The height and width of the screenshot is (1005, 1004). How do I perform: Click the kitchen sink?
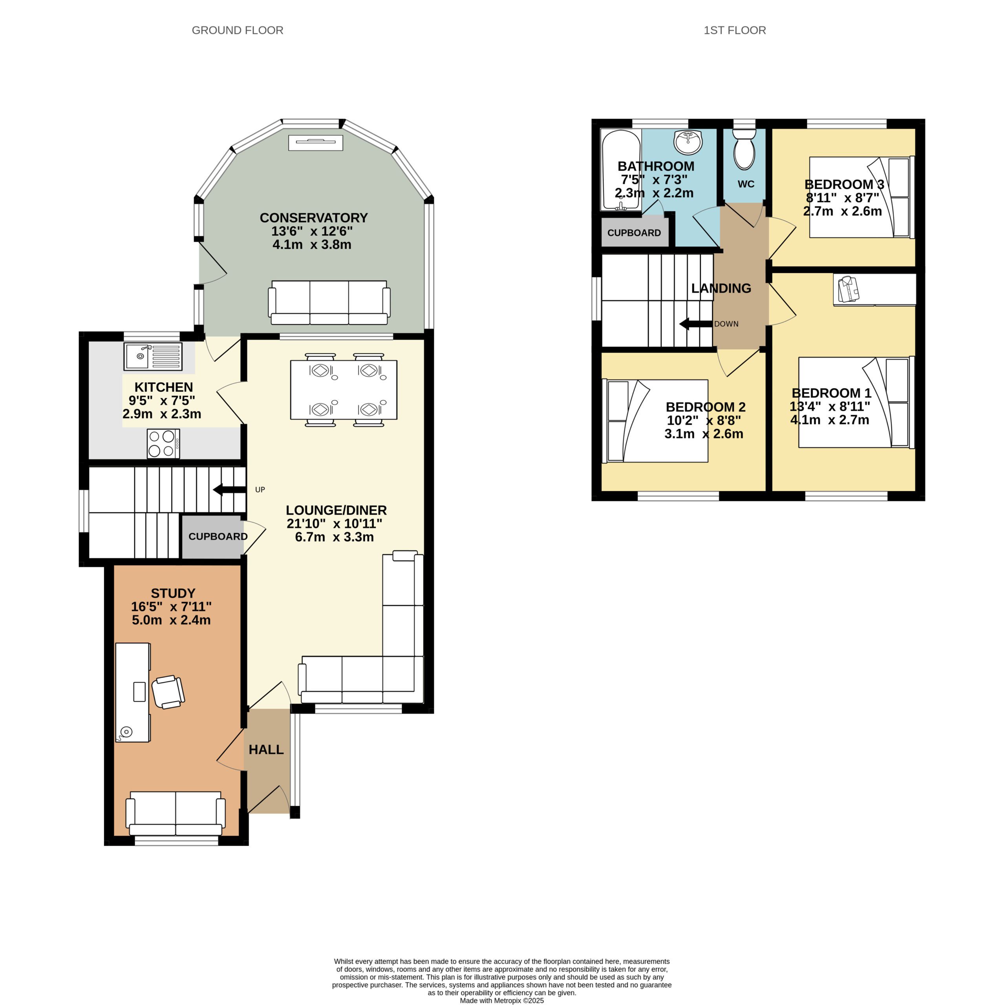[153, 356]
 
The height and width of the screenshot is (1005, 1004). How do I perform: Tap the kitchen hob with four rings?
[163, 444]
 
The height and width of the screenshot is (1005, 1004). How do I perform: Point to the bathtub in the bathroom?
[621, 170]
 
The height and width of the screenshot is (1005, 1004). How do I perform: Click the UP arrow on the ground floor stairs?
[229, 490]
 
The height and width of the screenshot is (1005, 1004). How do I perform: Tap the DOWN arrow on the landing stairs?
[695, 324]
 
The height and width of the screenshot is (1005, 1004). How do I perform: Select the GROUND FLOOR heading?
[238, 30]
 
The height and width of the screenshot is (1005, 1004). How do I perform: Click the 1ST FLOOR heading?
[735, 30]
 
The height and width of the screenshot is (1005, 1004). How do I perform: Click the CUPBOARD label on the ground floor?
[218, 536]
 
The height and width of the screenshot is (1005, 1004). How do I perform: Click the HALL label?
[266, 749]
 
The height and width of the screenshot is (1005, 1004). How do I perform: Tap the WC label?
[746, 184]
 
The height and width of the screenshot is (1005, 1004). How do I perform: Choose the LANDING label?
[721, 288]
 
